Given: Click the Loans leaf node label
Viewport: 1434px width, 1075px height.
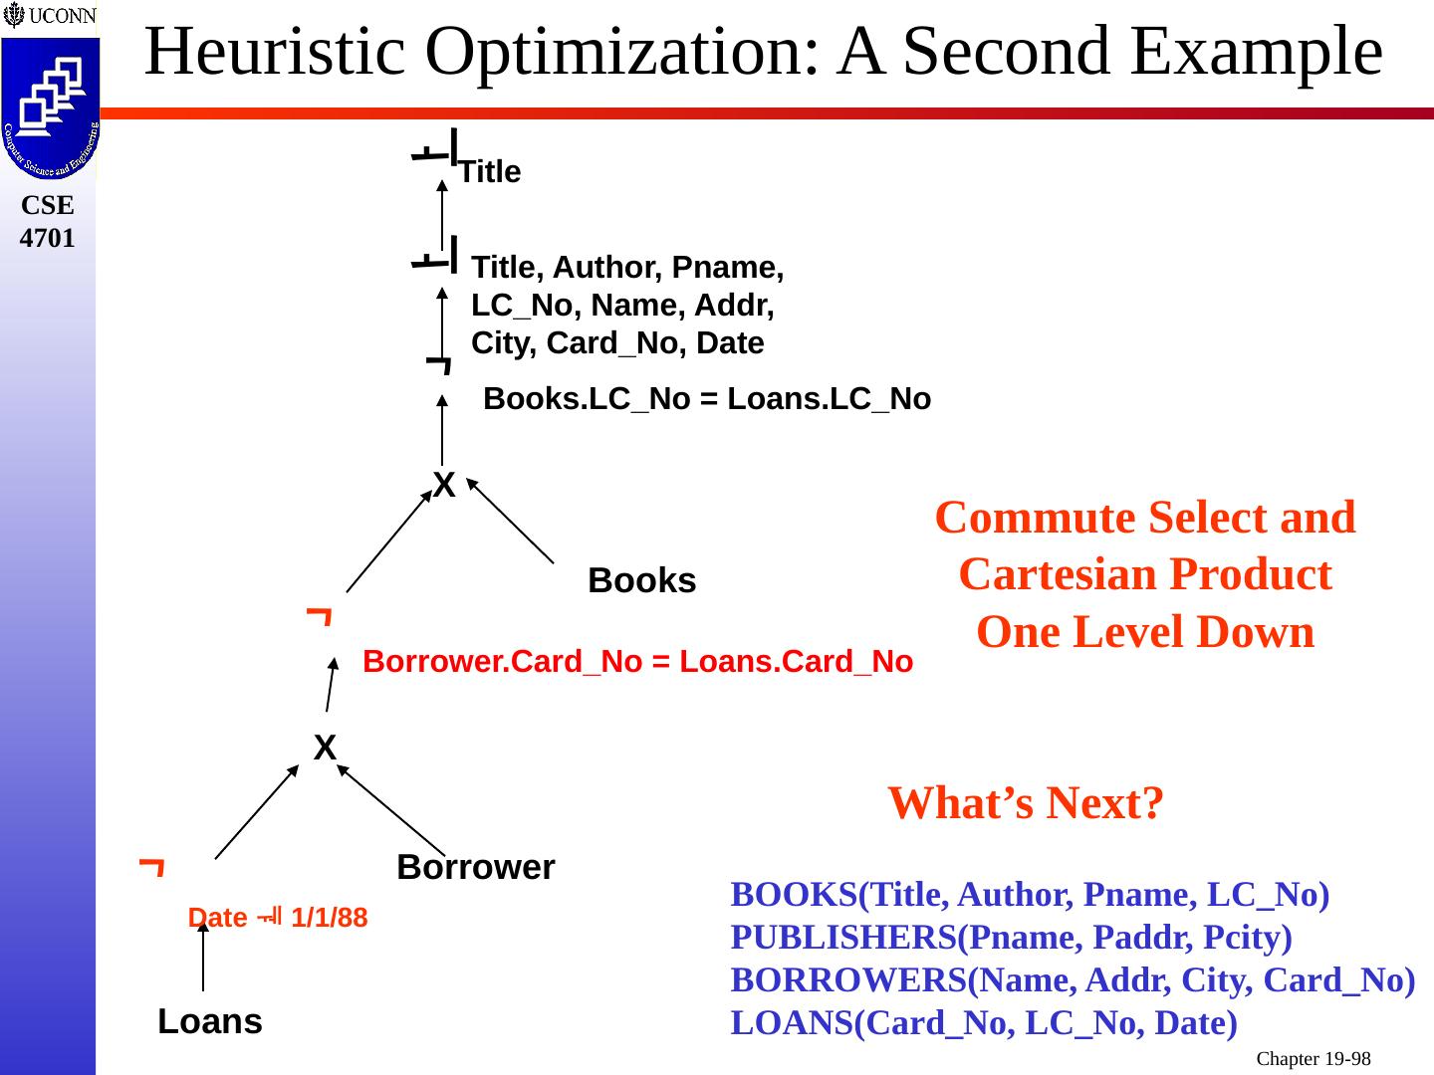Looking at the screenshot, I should coord(210,1021).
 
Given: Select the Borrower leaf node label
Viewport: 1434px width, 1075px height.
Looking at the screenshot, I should coord(475,867).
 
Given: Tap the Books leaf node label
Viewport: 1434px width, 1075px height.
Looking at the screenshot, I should coord(641,580).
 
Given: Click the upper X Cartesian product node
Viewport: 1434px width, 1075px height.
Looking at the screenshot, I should coord(444,486).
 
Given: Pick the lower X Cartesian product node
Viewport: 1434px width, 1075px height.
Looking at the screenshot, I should coord(325,748).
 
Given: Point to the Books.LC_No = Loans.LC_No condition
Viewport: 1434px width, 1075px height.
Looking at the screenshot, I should coord(706,399).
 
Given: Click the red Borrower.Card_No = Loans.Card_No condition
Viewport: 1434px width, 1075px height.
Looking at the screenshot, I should coord(637,662).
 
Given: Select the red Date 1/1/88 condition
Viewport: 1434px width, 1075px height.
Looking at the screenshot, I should coord(278,918).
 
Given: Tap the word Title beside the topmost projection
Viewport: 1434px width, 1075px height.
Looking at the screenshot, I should coord(490,172).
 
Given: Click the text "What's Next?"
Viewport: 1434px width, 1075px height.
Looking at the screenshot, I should coord(1026,802).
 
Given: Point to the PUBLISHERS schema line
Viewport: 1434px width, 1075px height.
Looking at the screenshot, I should coord(1011,938).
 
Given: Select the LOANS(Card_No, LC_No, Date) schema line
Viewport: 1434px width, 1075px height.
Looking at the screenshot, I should coord(984,1022).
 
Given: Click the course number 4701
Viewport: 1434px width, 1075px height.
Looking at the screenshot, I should coord(48,238).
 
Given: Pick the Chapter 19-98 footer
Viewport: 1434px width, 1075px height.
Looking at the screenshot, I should coord(1313,1059).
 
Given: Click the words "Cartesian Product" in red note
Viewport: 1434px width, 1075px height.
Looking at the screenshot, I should coord(1145,574).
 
